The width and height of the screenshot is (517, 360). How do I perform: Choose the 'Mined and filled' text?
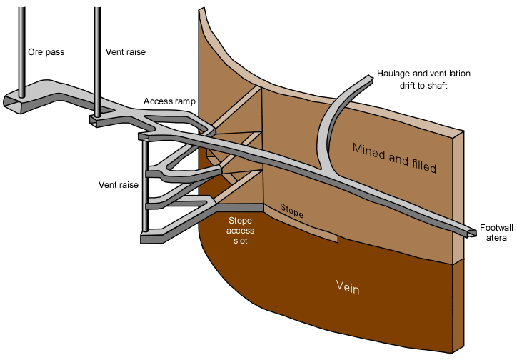point(393,157)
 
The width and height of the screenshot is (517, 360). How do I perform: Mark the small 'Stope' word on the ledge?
point(291,211)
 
